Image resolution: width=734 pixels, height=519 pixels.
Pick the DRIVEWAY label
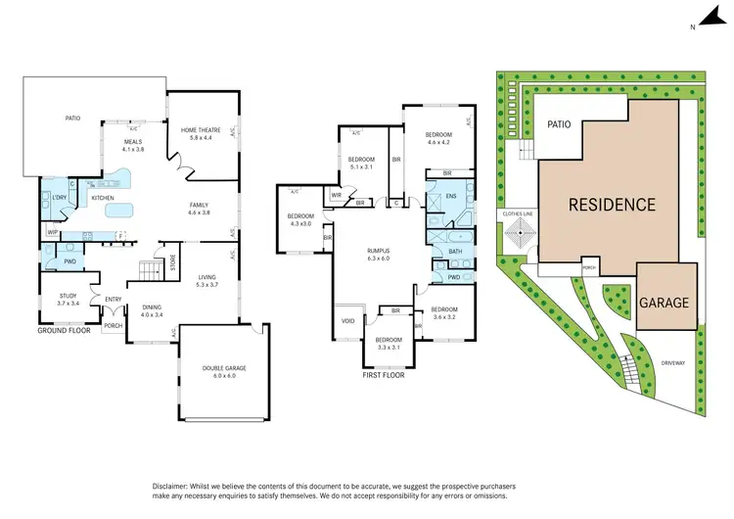point(671,362)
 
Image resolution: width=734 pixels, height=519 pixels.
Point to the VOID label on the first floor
point(347,321)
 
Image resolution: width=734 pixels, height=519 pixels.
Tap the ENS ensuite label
point(451,197)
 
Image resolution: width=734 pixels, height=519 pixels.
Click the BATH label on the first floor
point(455,252)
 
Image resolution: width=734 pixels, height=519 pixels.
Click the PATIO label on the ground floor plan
point(73,118)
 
